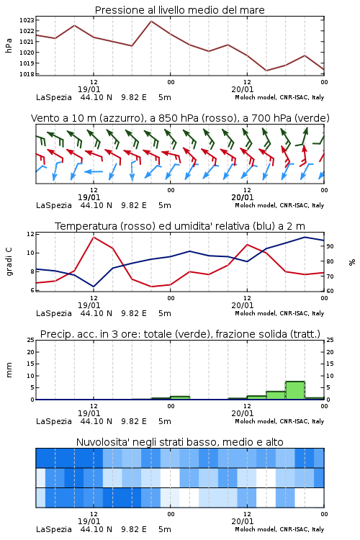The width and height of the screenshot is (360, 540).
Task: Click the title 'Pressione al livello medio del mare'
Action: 179,10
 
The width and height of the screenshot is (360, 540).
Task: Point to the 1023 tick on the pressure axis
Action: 27,20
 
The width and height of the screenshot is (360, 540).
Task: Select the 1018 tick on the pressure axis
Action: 27,74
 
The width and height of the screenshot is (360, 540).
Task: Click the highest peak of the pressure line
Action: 151,22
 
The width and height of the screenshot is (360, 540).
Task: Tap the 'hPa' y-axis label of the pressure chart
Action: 9,45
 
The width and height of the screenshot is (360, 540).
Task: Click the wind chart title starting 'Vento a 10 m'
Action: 180,118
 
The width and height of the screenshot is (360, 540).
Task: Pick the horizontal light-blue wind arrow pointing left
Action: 94,171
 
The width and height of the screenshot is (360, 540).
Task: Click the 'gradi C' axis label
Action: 9,262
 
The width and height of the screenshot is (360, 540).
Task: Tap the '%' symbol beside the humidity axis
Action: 352,262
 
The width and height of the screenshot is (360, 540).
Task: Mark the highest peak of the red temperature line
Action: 94,237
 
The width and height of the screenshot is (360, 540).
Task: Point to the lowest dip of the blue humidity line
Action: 94,287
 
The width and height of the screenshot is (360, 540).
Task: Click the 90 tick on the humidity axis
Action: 330,246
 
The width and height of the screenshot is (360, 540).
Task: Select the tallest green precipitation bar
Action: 295,390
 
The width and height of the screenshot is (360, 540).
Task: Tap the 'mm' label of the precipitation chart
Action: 9,370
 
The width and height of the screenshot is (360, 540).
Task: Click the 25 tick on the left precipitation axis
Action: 30,341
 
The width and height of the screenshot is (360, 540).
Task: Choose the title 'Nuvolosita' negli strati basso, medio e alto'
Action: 180,442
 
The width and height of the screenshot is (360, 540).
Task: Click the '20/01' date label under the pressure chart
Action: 243,89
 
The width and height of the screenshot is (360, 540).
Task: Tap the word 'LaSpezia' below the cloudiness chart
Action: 54,529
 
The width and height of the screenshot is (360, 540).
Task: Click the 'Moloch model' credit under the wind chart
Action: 256,205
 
